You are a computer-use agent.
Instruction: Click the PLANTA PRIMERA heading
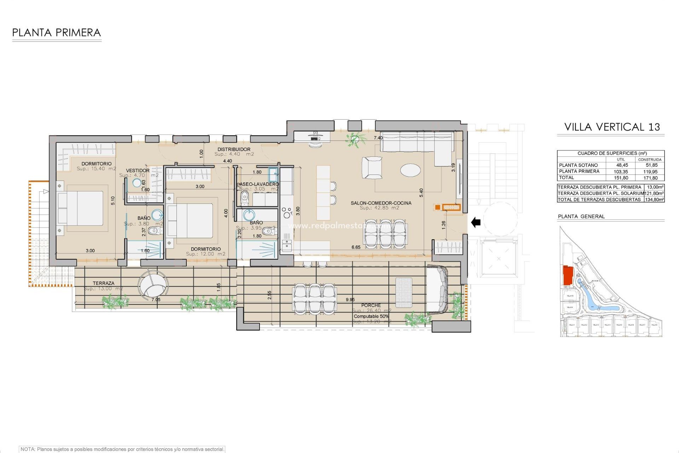(x=57, y=33)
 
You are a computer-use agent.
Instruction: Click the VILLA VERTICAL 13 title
(x=612, y=127)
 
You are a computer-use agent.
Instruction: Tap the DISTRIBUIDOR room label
(x=234, y=149)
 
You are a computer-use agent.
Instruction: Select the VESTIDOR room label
(x=138, y=171)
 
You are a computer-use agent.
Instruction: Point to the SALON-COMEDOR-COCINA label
(x=381, y=203)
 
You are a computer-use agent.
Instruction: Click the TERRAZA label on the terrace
(x=103, y=283)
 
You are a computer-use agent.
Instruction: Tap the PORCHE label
(x=371, y=305)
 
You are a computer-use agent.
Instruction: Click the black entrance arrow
(x=476, y=222)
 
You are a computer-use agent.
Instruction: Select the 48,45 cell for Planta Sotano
(x=622, y=165)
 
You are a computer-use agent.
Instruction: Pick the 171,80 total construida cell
(x=650, y=178)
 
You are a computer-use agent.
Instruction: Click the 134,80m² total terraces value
(x=654, y=200)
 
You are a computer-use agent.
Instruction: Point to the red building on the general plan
(x=568, y=275)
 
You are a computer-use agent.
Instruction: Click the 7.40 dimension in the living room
(x=378, y=138)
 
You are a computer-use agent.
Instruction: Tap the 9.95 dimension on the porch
(x=350, y=300)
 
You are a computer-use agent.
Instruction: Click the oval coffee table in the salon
(x=411, y=170)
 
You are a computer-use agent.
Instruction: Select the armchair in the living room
(x=372, y=167)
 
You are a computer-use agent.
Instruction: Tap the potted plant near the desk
(x=354, y=139)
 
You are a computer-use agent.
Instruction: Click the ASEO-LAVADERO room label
(x=258, y=184)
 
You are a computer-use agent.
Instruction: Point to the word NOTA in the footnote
(x=28, y=449)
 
